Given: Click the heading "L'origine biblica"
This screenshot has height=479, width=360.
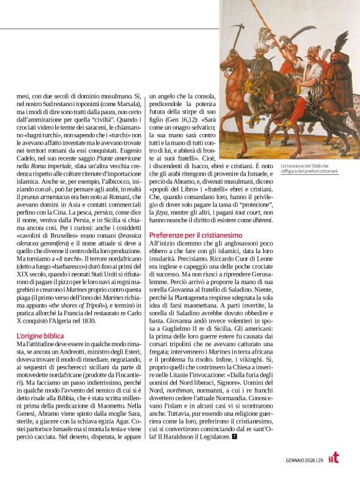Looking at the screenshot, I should tap(40, 336).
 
